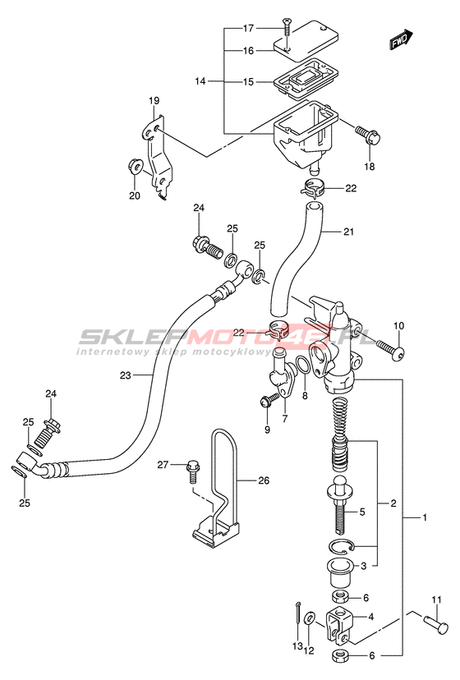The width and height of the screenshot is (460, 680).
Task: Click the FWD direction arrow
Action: (400, 39)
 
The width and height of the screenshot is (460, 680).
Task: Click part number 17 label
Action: (248, 29)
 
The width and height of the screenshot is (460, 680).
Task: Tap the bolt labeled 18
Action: (367, 135)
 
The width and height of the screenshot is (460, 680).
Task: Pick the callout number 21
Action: (348, 232)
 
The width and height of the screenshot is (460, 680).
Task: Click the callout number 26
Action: (264, 480)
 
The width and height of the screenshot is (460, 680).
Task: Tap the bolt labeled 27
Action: (192, 472)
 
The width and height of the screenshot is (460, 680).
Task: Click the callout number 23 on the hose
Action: (125, 375)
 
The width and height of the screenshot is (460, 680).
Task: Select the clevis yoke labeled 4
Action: (339, 626)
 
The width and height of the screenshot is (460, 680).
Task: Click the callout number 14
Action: (200, 81)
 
